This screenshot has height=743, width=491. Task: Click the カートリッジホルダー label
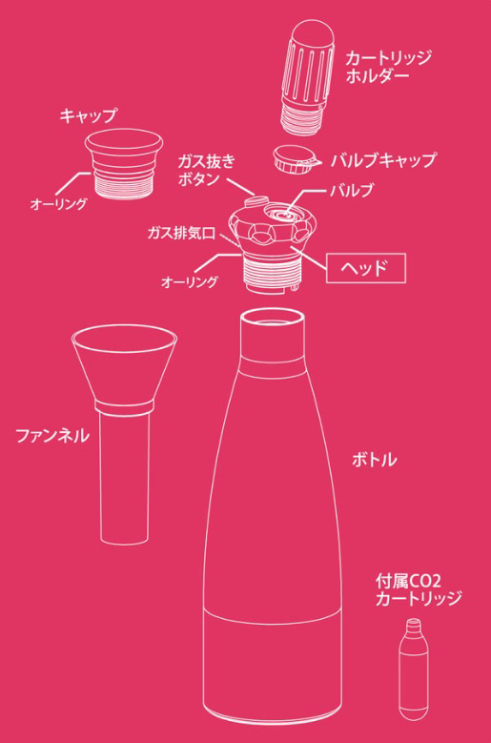click(388, 67)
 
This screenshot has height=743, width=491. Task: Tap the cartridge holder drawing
click(308, 77)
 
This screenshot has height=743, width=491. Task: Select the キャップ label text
click(88, 115)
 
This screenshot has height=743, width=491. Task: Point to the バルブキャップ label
click(383, 160)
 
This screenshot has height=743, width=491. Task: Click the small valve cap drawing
click(297, 158)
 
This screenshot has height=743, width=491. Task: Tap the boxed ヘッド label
click(365, 268)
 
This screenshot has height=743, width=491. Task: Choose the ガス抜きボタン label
click(207, 170)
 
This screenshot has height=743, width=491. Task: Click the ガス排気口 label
click(181, 233)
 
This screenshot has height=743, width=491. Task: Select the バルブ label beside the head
click(352, 191)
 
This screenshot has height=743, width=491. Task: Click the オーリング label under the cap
click(59, 204)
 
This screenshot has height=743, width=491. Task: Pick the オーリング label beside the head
click(190, 282)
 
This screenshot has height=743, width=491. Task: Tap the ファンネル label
click(52, 436)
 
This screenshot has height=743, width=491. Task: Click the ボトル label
click(374, 460)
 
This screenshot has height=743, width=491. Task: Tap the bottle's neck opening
click(272, 320)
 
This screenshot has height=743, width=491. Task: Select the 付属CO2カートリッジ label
click(419, 590)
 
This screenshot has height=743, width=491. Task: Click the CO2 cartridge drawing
click(414, 669)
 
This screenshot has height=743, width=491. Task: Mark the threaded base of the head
click(272, 273)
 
